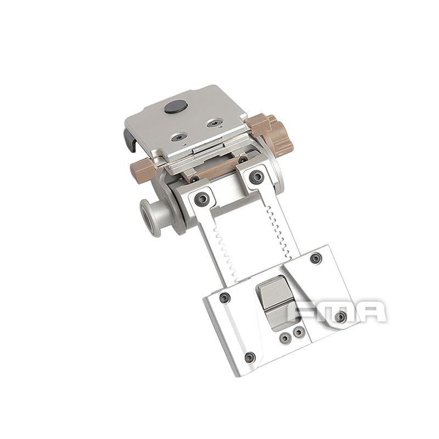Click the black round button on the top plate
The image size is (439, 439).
click(x=175, y=108)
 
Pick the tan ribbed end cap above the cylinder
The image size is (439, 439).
click(x=143, y=168)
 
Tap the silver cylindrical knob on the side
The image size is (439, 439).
click(x=150, y=217)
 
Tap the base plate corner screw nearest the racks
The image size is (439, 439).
click(x=315, y=258)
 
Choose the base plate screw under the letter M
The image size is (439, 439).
click(x=341, y=317)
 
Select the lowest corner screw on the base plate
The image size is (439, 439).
click(x=250, y=357)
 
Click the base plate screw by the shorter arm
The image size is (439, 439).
click(x=224, y=298)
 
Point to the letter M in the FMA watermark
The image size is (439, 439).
click(x=339, y=311)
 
